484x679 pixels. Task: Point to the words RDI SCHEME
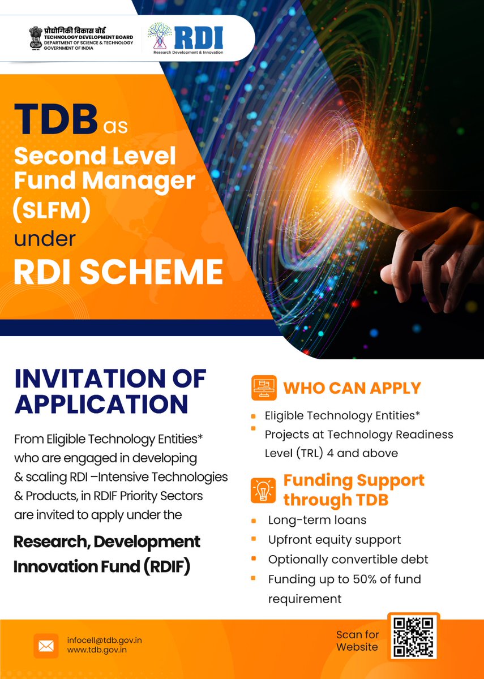pos(118,272)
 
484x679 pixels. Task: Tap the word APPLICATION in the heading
pos(102,404)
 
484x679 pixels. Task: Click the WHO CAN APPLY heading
pos(352,388)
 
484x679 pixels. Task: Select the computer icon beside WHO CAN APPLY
pos(264,388)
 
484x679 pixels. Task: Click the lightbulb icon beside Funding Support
pos(264,490)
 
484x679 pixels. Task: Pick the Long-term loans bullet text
pos(318,520)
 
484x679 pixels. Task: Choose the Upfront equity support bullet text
pos(335,540)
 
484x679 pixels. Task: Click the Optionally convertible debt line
pos(348,560)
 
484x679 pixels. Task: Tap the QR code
pos(413,636)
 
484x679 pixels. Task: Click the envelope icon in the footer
pos(46,645)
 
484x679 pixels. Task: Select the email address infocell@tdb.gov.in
pos(104,640)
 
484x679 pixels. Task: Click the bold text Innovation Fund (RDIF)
pos(102,566)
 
